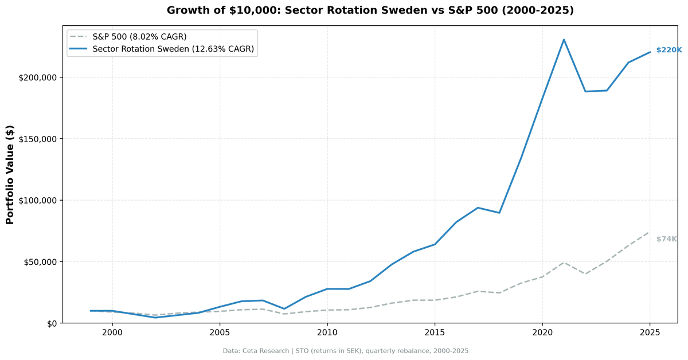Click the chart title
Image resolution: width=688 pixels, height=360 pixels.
point(370,10)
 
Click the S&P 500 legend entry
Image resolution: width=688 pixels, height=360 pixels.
point(139,37)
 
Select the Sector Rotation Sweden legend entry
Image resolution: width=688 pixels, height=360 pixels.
point(173,49)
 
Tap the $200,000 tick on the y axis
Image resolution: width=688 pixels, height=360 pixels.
point(38,77)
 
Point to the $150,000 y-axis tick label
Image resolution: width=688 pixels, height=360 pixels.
point(38,139)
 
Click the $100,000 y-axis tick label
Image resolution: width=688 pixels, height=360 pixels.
point(38,200)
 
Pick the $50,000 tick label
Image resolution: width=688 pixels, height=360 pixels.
point(40,262)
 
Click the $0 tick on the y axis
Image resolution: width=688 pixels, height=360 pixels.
point(52,323)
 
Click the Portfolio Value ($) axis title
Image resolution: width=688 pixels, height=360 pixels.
point(10,174)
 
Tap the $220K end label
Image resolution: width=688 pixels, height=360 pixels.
point(669,50)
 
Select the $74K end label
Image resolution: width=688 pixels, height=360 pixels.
point(666,239)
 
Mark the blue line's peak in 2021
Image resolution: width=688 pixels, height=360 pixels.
point(564,40)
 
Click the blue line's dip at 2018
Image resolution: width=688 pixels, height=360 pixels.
point(499,213)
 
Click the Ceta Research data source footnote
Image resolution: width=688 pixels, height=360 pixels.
point(346,351)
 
